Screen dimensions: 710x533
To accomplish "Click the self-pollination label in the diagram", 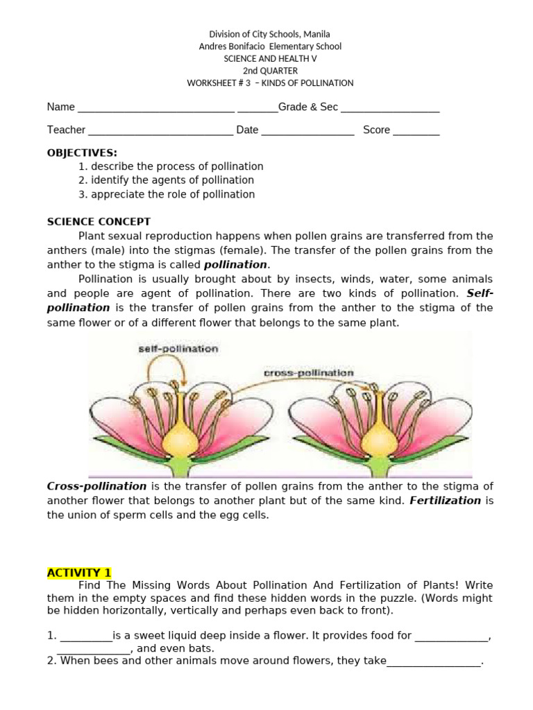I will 178,349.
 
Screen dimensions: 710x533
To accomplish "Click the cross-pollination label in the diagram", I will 309,373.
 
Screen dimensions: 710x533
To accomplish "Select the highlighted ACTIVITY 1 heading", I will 79,573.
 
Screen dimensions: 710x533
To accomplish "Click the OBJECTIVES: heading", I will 82,153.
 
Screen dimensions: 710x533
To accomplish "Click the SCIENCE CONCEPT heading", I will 99,222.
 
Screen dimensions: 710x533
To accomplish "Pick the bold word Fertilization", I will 445,501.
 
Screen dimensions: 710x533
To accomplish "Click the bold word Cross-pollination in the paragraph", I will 96,487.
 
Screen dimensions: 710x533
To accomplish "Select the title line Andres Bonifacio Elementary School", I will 270,46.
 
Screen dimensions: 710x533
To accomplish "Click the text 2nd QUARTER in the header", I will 270,71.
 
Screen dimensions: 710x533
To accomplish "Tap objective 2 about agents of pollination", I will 166,180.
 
